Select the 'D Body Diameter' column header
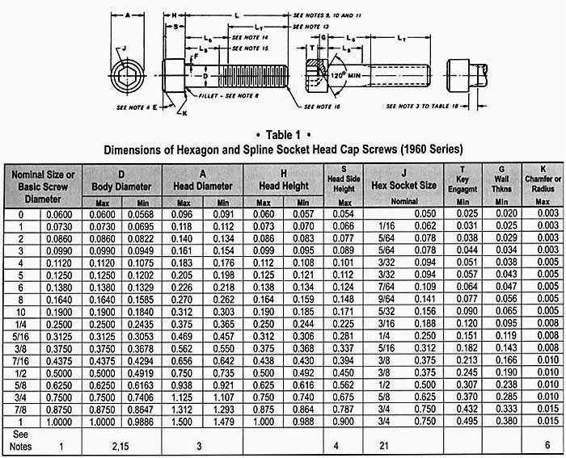point(121,179)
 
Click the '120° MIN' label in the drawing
point(351,74)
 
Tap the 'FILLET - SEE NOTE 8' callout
point(227,95)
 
